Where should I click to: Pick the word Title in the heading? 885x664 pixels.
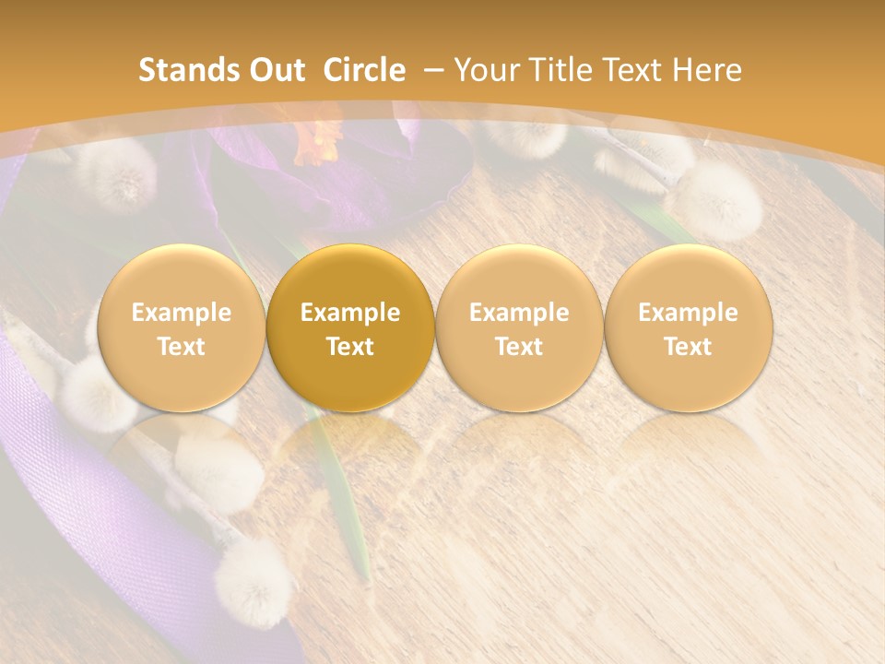[x=561, y=70]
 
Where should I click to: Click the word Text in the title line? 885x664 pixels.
[x=632, y=70]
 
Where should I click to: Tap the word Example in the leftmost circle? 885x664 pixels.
[x=181, y=313]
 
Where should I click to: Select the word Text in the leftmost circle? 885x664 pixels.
[x=181, y=347]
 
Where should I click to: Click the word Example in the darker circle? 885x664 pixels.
[x=350, y=313]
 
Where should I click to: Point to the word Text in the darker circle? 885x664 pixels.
[x=350, y=347]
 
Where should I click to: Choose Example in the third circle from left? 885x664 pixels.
[x=519, y=313]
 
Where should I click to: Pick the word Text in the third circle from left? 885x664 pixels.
[x=519, y=347]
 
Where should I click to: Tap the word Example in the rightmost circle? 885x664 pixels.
[x=688, y=313]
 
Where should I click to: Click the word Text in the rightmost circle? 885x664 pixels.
[x=688, y=347]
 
